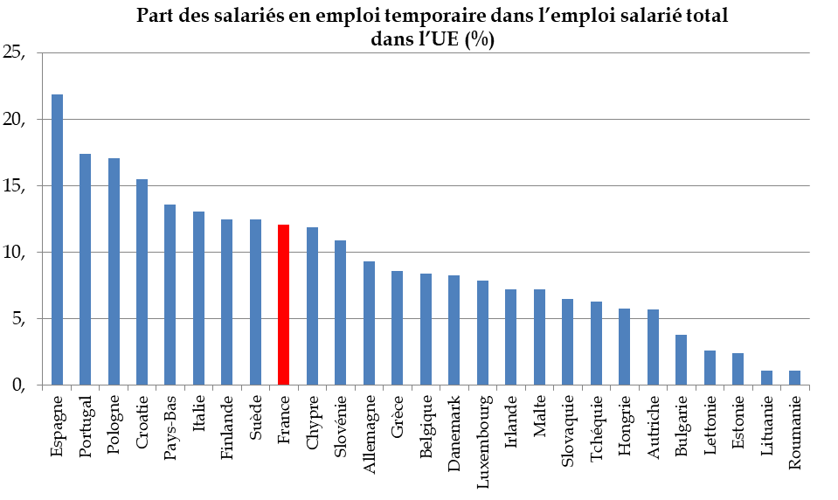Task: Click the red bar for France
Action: coord(283,305)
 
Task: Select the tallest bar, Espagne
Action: coord(57,240)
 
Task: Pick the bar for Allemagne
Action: coord(369,323)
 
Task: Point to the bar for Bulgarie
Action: coord(681,360)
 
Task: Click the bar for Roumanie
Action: coord(794,378)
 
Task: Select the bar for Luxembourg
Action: coord(482,333)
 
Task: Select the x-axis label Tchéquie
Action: coord(596,429)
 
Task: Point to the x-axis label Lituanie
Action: coord(766,428)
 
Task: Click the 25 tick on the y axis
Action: coord(17,53)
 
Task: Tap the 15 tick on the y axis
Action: coord(17,186)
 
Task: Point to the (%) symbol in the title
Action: coord(480,40)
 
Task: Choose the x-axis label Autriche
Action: coord(653,428)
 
